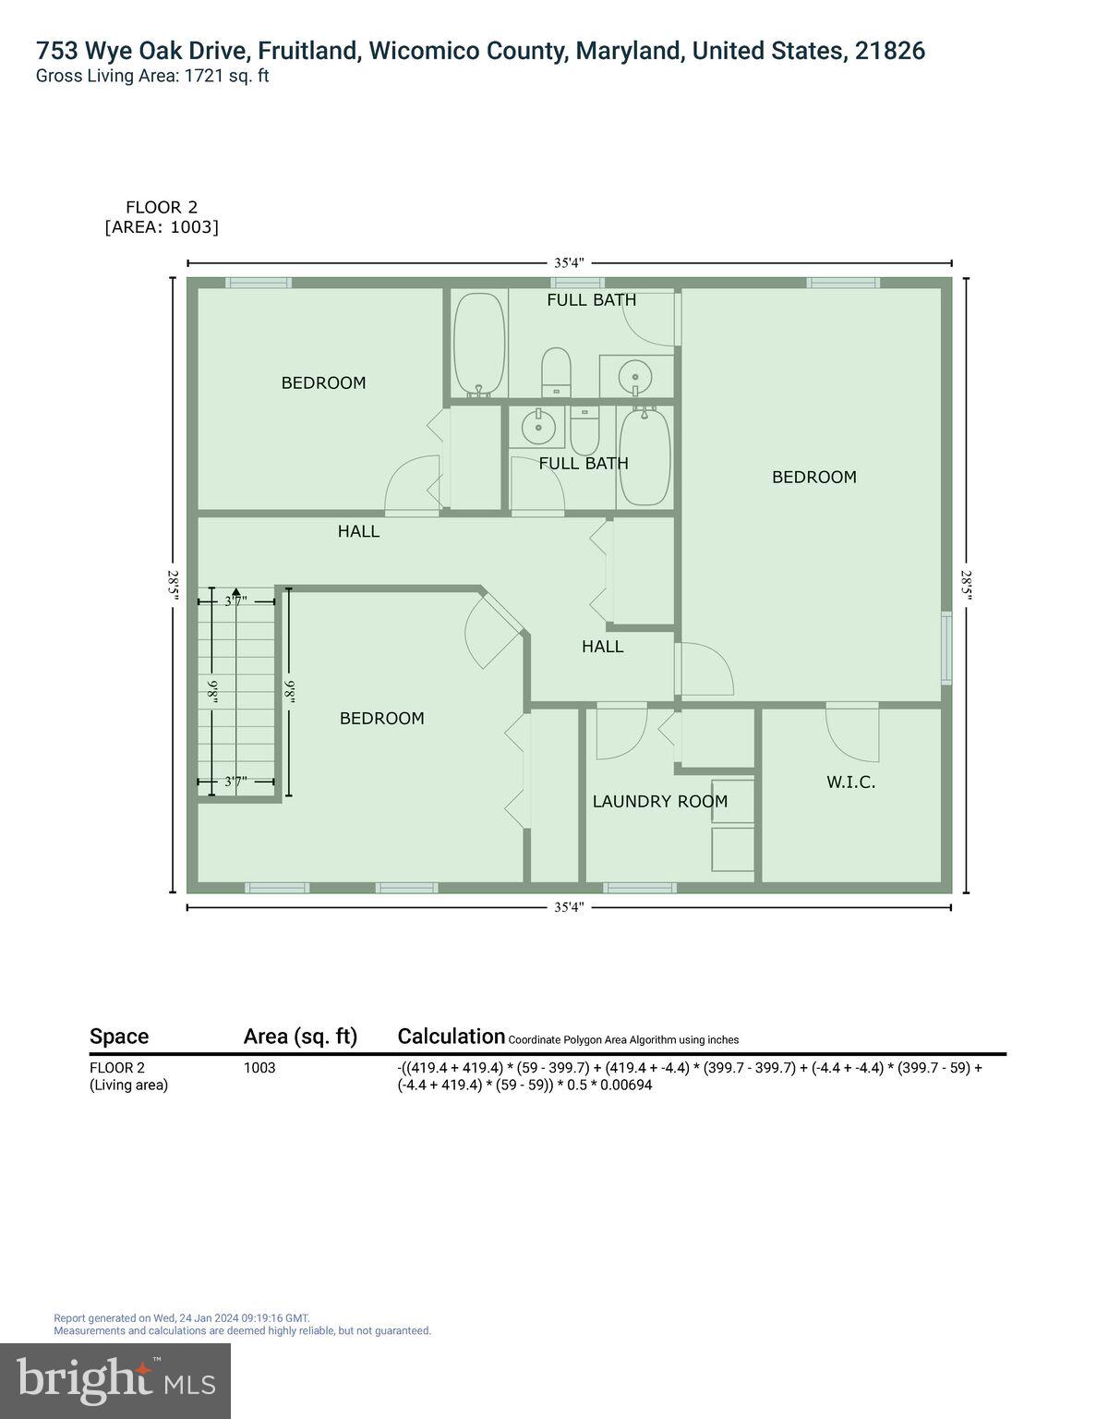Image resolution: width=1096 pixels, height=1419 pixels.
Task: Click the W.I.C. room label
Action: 850,782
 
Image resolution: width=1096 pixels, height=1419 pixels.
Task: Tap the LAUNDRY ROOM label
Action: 659,802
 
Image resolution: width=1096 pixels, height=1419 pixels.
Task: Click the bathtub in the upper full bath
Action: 479,345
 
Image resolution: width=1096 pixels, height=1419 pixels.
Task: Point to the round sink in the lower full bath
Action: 537,428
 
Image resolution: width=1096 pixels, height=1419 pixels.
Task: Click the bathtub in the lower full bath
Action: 644,457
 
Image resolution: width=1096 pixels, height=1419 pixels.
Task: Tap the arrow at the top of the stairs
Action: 236,593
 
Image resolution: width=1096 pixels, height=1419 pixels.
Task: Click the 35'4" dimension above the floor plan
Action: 569,262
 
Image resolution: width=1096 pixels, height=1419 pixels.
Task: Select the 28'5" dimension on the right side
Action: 966,584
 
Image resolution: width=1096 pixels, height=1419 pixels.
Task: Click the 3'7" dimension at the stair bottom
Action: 235,782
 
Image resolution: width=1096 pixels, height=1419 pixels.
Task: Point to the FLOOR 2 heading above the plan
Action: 162,208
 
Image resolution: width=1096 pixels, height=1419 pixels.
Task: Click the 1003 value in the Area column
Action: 259,1068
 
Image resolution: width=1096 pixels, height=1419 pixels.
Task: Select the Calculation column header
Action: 451,1037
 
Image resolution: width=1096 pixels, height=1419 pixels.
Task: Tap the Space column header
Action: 119,1037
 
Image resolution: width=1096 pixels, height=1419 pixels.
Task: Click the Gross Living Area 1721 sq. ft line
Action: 152,77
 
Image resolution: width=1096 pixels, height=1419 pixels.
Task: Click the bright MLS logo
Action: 115,1381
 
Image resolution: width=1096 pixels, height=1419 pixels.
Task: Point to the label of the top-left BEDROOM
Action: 323,382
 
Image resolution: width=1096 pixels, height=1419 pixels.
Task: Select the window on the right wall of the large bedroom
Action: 946,648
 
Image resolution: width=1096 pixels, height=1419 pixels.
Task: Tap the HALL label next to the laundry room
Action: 602,647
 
